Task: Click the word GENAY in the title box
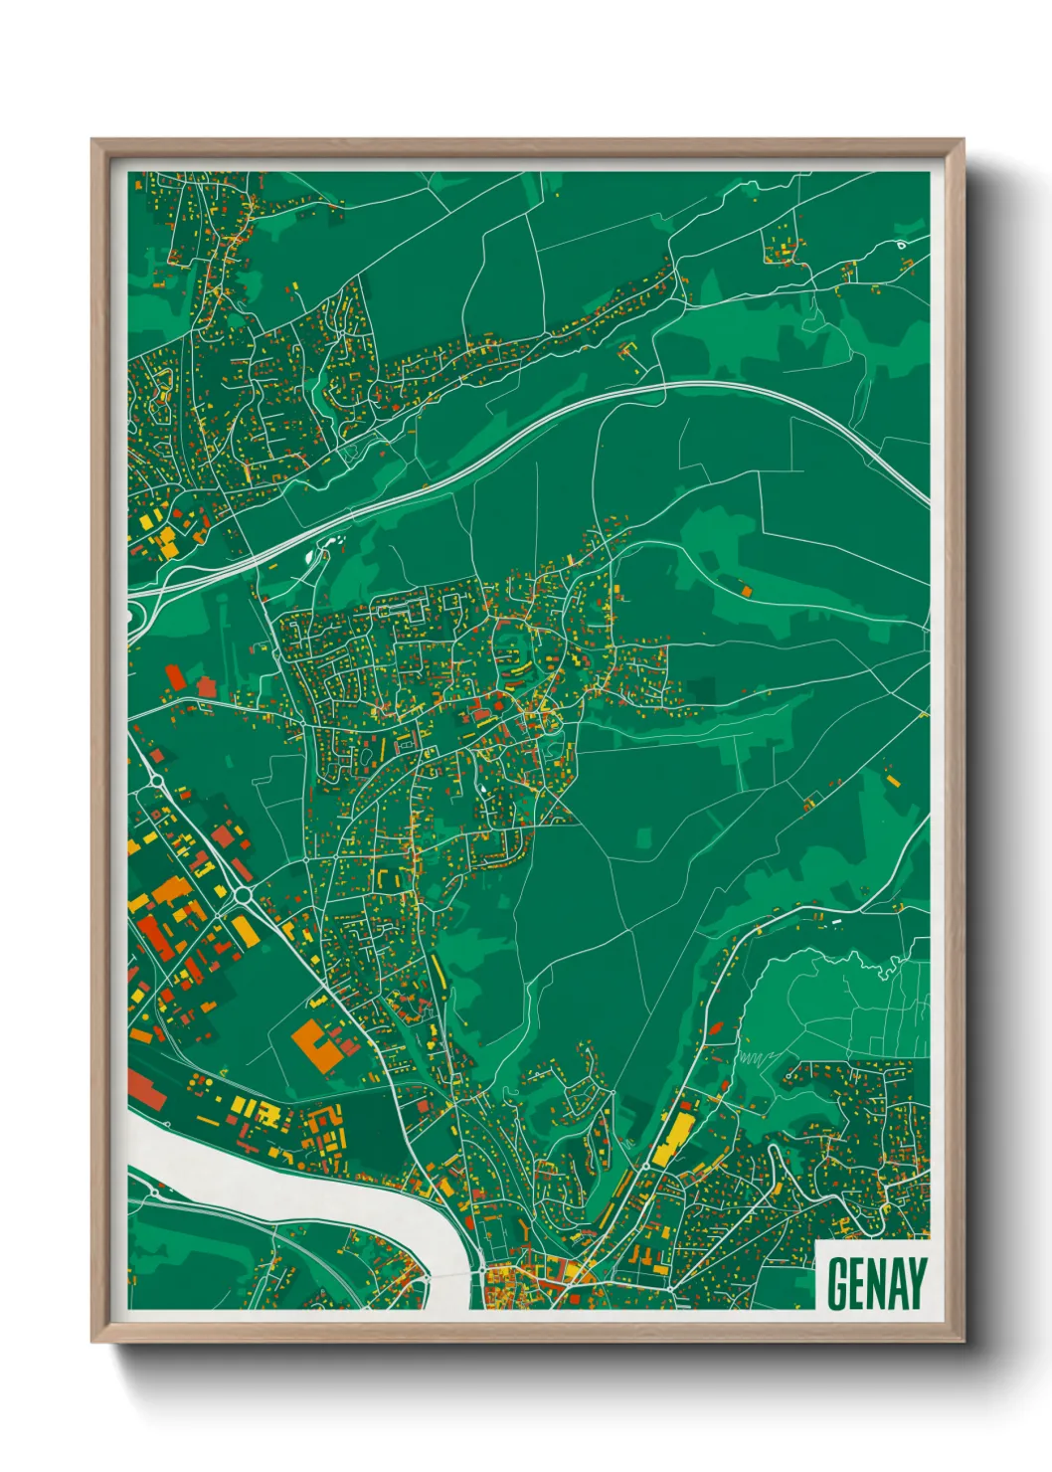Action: (876, 1284)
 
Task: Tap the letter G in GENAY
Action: (837, 1284)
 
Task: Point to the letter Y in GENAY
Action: (916, 1284)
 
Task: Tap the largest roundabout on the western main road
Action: (243, 895)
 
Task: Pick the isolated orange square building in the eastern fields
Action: (746, 591)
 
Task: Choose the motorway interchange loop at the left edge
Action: (132, 617)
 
